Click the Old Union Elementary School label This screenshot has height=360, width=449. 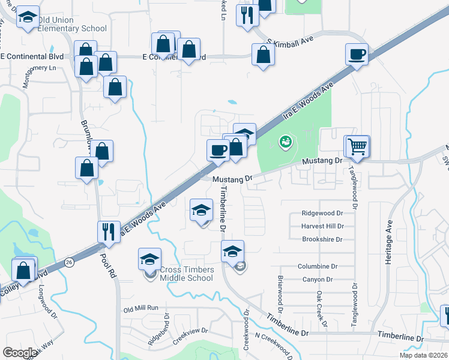tap(72, 25)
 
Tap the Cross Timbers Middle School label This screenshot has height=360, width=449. tap(186, 274)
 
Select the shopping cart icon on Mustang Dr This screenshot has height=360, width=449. tap(357, 146)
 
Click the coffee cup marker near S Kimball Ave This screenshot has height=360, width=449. tap(357, 55)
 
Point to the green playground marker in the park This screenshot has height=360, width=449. tap(286, 142)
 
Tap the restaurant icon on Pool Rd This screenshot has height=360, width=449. tap(109, 232)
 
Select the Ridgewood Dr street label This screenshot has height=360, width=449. tap(322, 213)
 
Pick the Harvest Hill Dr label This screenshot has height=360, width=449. tap(323, 226)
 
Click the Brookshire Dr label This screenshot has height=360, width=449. tap(322, 239)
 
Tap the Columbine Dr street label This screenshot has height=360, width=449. tap(319, 266)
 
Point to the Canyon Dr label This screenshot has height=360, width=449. tap(317, 280)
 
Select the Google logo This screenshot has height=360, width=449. tap(20, 353)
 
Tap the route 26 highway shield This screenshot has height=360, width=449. tap(70, 262)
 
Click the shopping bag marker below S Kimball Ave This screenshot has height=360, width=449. tap(264, 56)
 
